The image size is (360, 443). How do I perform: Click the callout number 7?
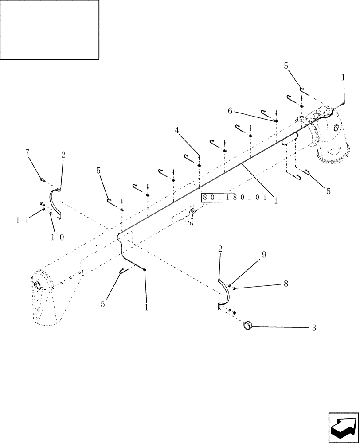click(x=27, y=153)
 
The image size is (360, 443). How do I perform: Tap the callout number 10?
click(x=58, y=237)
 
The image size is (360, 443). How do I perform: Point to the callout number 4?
click(x=177, y=131)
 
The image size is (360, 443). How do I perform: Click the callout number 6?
click(x=230, y=111)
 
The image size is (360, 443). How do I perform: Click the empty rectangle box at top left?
click(x=50, y=30)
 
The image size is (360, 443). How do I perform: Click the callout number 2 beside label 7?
click(x=63, y=155)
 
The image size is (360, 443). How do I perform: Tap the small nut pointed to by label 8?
click(x=234, y=288)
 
